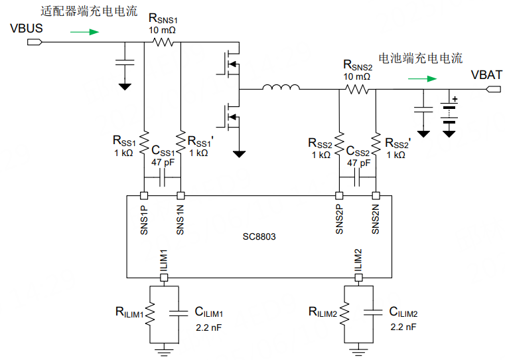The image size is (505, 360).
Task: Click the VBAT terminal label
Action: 486,75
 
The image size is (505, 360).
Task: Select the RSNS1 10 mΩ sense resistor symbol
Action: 163,42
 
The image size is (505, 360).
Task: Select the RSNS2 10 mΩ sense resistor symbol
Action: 358,88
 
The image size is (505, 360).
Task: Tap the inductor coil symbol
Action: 280,88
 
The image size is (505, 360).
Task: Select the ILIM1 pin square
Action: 163,278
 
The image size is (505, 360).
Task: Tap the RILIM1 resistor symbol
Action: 149,312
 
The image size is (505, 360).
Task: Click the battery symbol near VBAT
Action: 450,114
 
